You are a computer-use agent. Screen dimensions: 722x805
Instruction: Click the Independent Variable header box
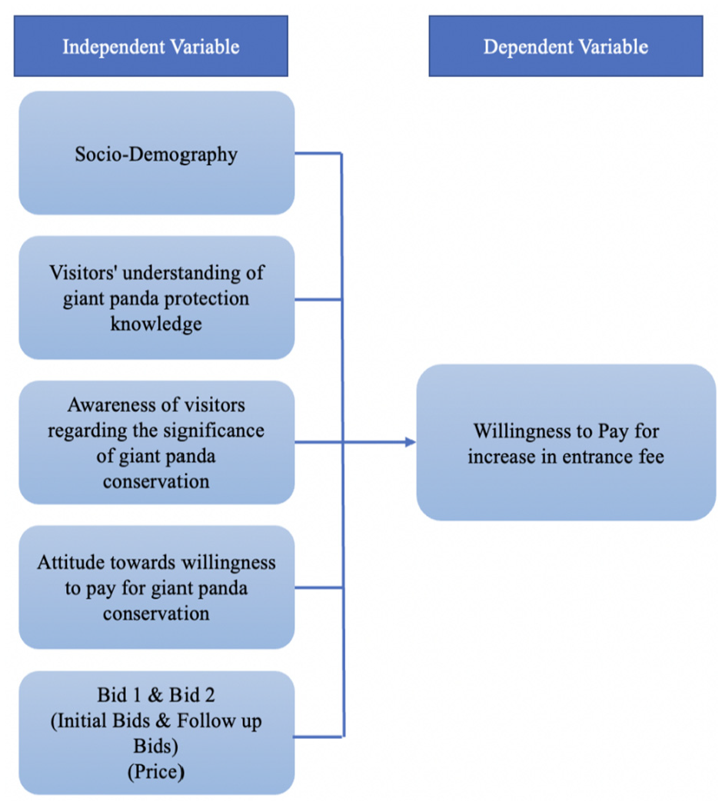point(151,46)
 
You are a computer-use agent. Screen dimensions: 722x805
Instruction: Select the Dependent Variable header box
point(565,46)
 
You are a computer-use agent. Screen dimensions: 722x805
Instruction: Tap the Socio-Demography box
point(157,153)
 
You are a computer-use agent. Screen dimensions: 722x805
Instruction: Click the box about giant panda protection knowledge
point(157,298)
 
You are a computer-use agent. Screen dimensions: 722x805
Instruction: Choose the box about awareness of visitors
point(157,443)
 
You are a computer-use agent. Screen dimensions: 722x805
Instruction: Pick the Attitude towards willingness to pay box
point(157,587)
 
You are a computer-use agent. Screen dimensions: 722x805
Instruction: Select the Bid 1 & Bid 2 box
point(157,733)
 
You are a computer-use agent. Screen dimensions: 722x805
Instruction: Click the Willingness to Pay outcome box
point(566,443)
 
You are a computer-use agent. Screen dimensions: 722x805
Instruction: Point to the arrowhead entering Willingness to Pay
point(411,442)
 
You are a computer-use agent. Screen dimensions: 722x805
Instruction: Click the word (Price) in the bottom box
point(156,772)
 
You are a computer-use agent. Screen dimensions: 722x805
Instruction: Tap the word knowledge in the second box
point(156,324)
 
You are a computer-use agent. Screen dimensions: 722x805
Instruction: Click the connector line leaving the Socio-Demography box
point(318,153)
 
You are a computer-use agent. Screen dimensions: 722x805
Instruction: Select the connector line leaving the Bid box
point(319,737)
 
